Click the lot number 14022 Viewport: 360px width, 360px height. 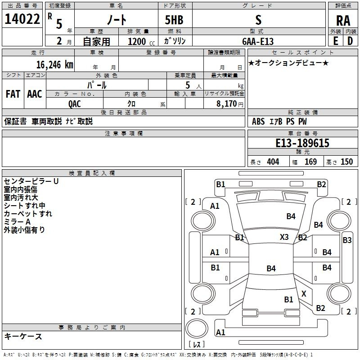(22, 19)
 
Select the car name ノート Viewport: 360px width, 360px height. (116, 20)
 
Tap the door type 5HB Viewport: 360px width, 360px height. (171, 20)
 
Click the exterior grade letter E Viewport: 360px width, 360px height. (335, 40)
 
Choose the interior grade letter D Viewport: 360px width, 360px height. (350, 40)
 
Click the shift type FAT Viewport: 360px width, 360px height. (13, 94)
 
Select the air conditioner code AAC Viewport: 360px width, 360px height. (34, 94)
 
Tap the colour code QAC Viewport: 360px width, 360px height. (75, 103)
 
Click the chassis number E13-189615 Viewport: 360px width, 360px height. (302, 143)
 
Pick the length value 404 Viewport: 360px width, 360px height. (273, 162)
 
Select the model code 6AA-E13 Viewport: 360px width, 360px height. (258, 41)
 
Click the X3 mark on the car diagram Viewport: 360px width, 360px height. (284, 237)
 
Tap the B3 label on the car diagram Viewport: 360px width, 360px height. (347, 240)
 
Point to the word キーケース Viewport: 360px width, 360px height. (23, 336)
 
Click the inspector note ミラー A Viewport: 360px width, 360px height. (17, 222)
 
